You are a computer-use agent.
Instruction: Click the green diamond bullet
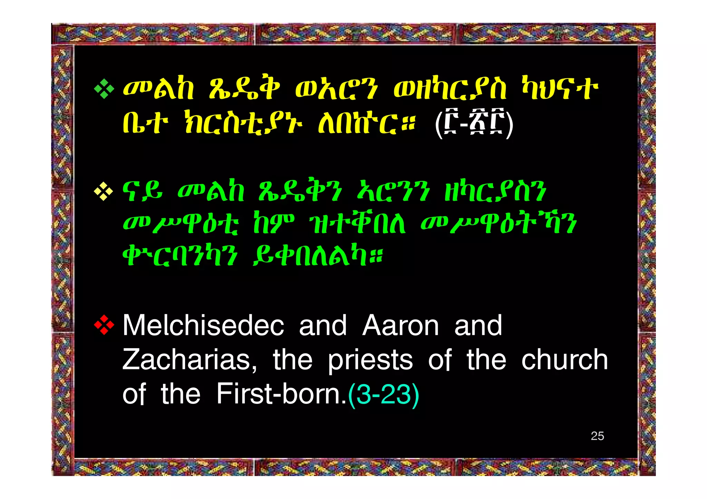(x=104, y=89)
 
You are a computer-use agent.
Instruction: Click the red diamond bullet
(x=104, y=325)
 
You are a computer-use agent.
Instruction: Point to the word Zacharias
(x=190, y=360)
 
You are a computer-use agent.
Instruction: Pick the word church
(x=564, y=360)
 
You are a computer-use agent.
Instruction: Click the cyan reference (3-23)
(x=384, y=394)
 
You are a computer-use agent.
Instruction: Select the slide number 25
(x=597, y=436)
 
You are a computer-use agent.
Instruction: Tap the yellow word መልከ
(x=159, y=89)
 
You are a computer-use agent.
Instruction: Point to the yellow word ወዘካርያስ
(x=450, y=89)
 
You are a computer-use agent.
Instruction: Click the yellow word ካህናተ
(x=560, y=89)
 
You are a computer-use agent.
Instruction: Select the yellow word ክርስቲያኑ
(x=244, y=122)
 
